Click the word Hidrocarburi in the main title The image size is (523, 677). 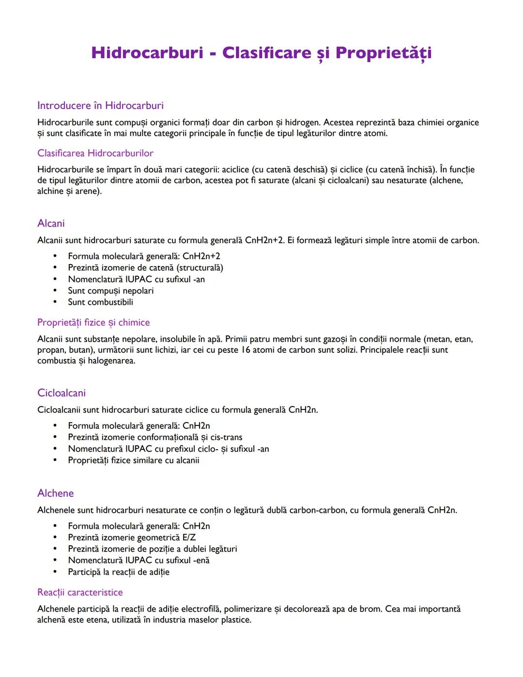tap(147, 52)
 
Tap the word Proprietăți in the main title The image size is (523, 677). tap(383, 53)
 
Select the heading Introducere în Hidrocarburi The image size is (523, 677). tap(100, 106)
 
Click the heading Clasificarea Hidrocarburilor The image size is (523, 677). tap(95, 153)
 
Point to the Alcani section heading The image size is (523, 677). tap(51, 223)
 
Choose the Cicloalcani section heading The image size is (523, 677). tap(62, 393)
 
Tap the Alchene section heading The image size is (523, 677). tap(56, 493)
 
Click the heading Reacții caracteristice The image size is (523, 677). tap(80, 592)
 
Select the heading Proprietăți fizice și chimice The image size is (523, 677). tap(93, 323)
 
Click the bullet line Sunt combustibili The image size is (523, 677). tap(100, 302)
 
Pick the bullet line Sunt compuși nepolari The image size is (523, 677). tap(110, 291)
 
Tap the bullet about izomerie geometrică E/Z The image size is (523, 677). tap(132, 537)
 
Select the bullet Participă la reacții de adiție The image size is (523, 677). tap(119, 572)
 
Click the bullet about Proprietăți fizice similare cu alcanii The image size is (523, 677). tap(134, 460)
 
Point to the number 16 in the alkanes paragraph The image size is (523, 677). tap(246, 350)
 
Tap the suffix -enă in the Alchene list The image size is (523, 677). tap(201, 560)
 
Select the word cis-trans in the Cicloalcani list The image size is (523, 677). tap(226, 437)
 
